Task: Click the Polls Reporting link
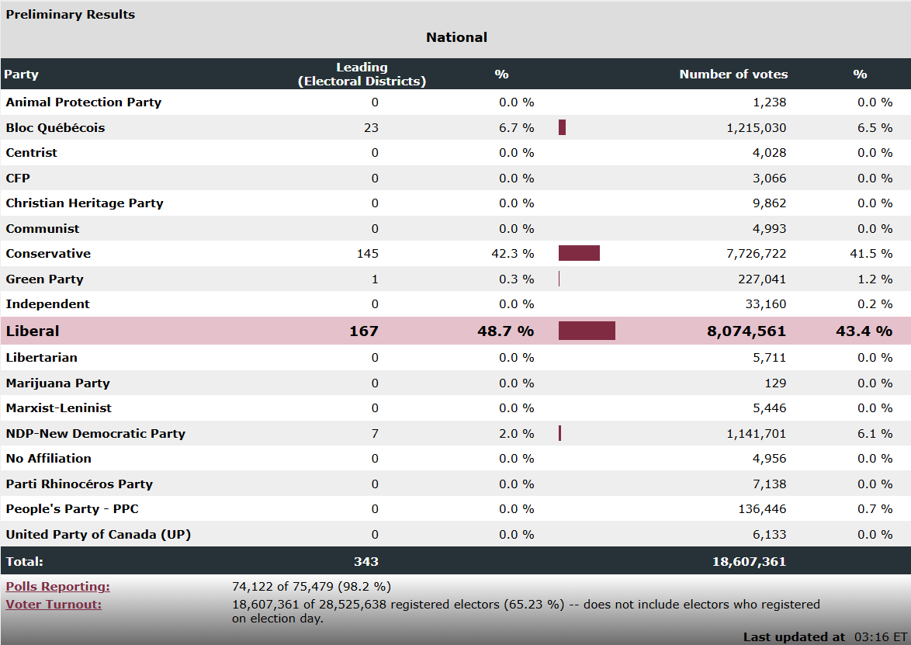57,587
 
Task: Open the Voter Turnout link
54,604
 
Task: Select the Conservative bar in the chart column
579,253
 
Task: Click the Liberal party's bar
587,331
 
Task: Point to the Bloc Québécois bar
562,127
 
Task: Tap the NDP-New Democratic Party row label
95,433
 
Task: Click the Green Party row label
44,279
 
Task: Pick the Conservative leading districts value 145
368,253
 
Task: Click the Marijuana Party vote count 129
776,383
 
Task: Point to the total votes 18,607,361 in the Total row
749,561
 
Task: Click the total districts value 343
365,561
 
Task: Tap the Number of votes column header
733,75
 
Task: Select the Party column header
21,75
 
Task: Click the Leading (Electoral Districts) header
362,75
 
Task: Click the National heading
456,37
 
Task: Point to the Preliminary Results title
70,14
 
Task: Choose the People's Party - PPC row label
72,508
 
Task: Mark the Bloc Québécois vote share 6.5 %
875,127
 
